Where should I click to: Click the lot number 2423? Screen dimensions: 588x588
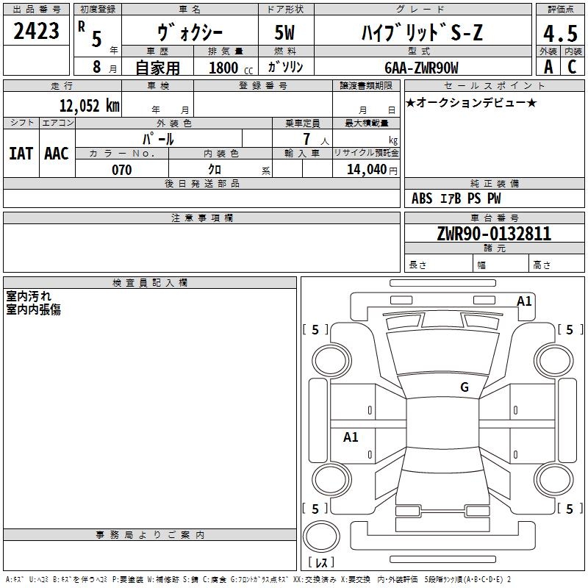point(36,31)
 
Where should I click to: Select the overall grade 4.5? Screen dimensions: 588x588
point(560,33)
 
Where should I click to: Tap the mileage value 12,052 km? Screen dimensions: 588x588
point(89,105)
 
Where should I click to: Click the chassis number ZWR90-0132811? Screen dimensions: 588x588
point(494,233)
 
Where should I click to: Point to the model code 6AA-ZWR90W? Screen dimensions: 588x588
point(421,68)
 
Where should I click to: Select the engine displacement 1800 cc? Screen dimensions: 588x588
point(231,68)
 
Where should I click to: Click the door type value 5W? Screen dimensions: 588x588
point(284,32)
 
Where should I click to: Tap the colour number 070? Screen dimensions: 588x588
point(121,170)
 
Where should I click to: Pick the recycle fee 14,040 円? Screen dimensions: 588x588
point(372,170)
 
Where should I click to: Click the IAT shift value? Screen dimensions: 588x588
point(21,154)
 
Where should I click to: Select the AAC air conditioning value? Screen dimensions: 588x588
point(57,154)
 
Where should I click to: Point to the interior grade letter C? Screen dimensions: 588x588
point(572,67)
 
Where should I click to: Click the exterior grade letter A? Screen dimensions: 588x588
point(548,67)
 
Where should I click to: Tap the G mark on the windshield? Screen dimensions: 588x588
point(465,387)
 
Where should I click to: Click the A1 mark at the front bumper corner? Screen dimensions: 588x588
point(524,301)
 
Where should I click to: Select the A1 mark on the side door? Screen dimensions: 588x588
point(351,437)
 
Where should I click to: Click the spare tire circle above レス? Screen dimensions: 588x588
point(321,537)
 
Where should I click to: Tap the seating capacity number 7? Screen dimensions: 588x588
point(306,139)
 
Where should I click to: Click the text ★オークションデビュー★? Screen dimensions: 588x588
point(471,102)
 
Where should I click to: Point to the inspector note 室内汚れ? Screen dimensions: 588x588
point(29,296)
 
